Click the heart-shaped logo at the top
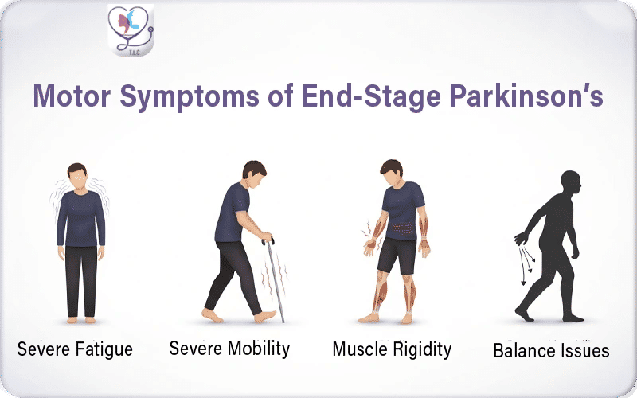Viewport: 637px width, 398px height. (131, 32)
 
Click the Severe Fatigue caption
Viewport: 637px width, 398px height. (75, 349)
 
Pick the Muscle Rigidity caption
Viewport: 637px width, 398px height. (392, 349)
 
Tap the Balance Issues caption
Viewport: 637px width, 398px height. (551, 350)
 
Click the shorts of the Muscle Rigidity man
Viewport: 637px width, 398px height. (396, 255)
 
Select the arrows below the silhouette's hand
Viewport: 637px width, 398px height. (526, 263)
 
